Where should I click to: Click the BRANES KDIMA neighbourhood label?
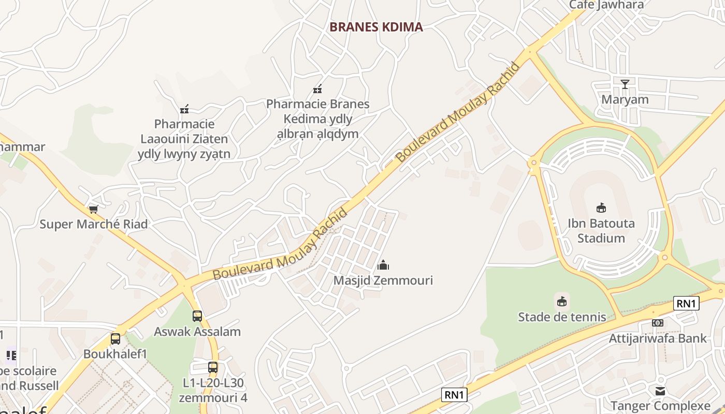point(376,27)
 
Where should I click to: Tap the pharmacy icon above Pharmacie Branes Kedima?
point(318,89)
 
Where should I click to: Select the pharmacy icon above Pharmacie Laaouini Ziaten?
point(184,109)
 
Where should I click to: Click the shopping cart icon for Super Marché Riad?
point(93,209)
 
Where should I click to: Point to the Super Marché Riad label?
point(94,224)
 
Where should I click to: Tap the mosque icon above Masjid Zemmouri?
point(383,265)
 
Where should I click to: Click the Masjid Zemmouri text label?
point(383,280)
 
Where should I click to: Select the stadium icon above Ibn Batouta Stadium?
point(601,208)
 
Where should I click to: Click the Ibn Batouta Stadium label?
point(601,231)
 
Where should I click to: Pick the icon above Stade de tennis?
point(562,301)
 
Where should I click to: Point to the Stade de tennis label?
point(562,317)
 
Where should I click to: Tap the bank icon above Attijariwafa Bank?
point(658,323)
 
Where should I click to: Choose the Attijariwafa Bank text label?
point(658,338)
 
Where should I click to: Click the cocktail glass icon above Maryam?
point(625,84)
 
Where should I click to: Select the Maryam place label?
point(625,99)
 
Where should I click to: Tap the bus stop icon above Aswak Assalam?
point(197,316)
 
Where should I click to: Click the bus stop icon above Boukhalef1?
point(115,339)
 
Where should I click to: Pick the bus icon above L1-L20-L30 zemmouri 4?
point(213,367)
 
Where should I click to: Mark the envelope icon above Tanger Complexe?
point(660,391)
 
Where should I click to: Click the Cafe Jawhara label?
point(606,5)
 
